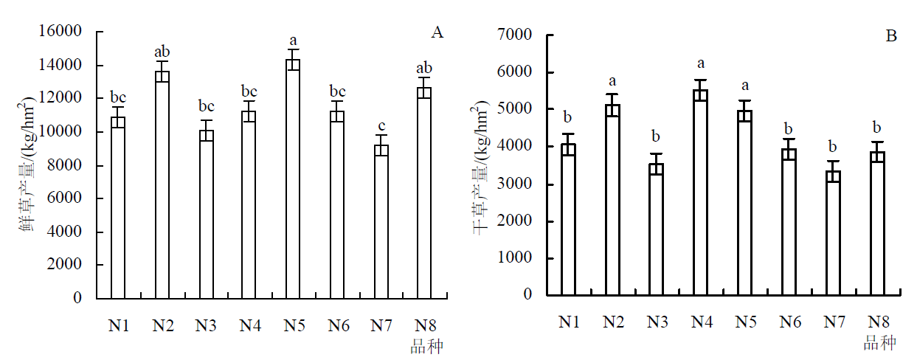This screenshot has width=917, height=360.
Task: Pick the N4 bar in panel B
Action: (700, 193)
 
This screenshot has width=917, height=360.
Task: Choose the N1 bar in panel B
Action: (567, 220)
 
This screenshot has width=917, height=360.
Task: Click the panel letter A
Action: (437, 32)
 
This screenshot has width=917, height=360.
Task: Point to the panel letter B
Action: (891, 35)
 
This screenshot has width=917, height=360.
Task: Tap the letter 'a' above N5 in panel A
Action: (293, 41)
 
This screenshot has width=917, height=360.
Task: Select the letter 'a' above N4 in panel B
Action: (700, 64)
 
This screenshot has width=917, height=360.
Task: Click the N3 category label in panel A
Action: (206, 325)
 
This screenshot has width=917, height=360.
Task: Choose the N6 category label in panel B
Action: (789, 321)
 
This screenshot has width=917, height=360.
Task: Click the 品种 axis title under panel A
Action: (427, 346)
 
